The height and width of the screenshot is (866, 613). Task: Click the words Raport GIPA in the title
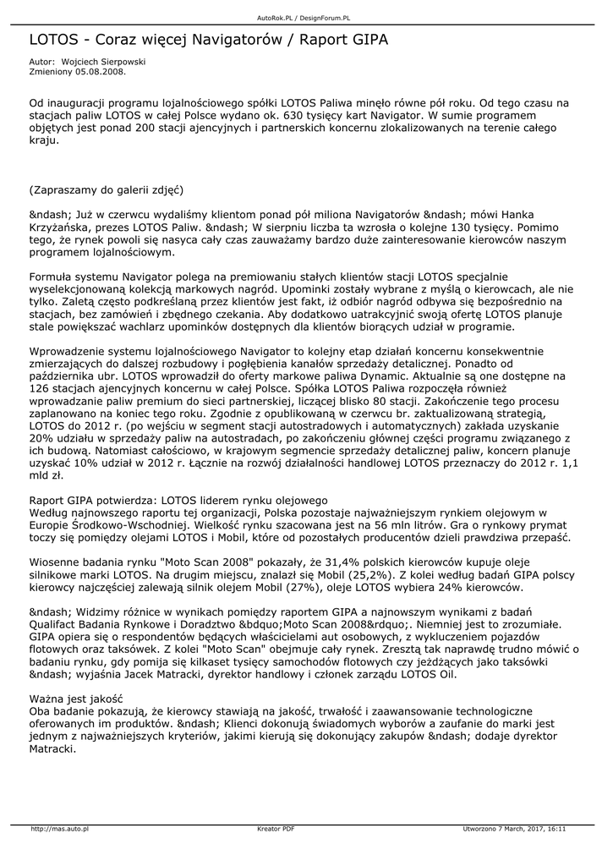click(345, 40)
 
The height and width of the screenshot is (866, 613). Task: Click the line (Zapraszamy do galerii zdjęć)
click(107, 189)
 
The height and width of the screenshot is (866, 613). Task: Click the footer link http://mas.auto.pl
click(60, 829)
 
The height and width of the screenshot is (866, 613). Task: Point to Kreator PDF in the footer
click(276, 829)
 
